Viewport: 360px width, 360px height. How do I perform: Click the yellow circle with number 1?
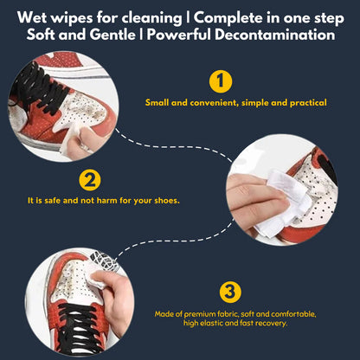222,82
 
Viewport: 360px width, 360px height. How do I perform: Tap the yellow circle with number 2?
88,181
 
